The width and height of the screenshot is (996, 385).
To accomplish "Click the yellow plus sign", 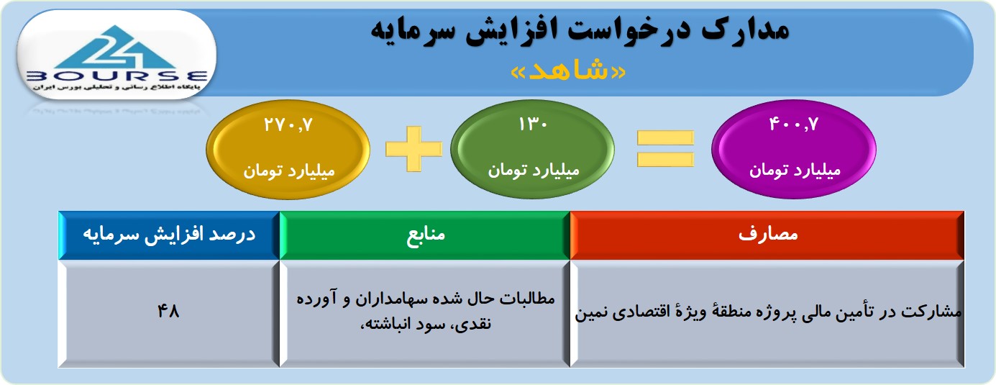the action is coord(414,149).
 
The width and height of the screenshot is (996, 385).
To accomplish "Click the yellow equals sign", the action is coord(665,149).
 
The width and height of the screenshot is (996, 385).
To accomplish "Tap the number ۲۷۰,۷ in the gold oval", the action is coord(288,124).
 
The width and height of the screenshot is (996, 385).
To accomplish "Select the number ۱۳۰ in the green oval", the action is coord(533,124).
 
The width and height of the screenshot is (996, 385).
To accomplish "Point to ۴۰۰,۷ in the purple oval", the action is coord(794,124).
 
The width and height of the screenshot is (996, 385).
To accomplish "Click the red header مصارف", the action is coord(768,234).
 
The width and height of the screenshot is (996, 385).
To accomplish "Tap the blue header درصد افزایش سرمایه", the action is coord(169,234).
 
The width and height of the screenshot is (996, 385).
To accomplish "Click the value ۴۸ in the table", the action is coord(168,311).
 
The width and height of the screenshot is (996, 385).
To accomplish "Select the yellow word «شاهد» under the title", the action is coord(568,71).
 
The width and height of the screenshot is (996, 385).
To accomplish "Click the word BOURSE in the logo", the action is coord(117,76).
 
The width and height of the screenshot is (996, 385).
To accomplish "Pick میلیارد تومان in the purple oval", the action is coord(795,171).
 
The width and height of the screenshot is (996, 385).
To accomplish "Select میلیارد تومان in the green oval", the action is coord(534,171).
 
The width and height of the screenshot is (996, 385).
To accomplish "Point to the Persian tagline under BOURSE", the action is coord(116,88).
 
